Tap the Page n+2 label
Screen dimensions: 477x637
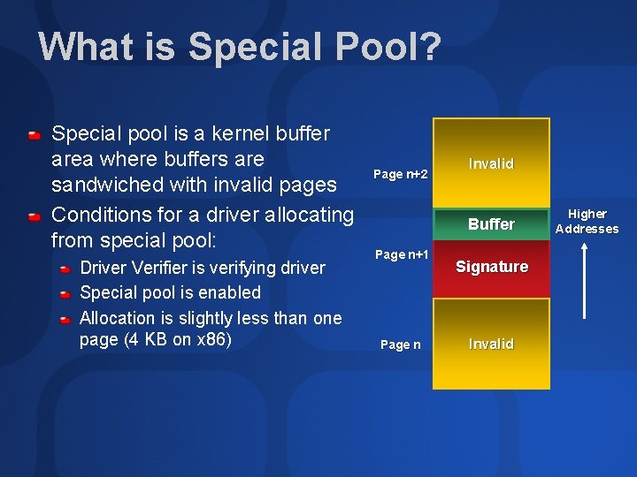click(401, 174)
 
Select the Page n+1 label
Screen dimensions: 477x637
click(401, 255)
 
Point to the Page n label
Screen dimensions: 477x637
click(401, 344)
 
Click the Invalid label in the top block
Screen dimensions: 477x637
click(491, 164)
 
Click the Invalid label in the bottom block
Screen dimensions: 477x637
click(491, 344)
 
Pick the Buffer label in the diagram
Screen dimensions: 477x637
click(491, 224)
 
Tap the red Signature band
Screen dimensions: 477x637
click(491, 267)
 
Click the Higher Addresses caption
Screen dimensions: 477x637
click(587, 221)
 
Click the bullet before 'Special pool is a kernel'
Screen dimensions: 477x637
click(34, 136)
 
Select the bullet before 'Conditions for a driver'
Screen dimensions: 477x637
click(34, 216)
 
